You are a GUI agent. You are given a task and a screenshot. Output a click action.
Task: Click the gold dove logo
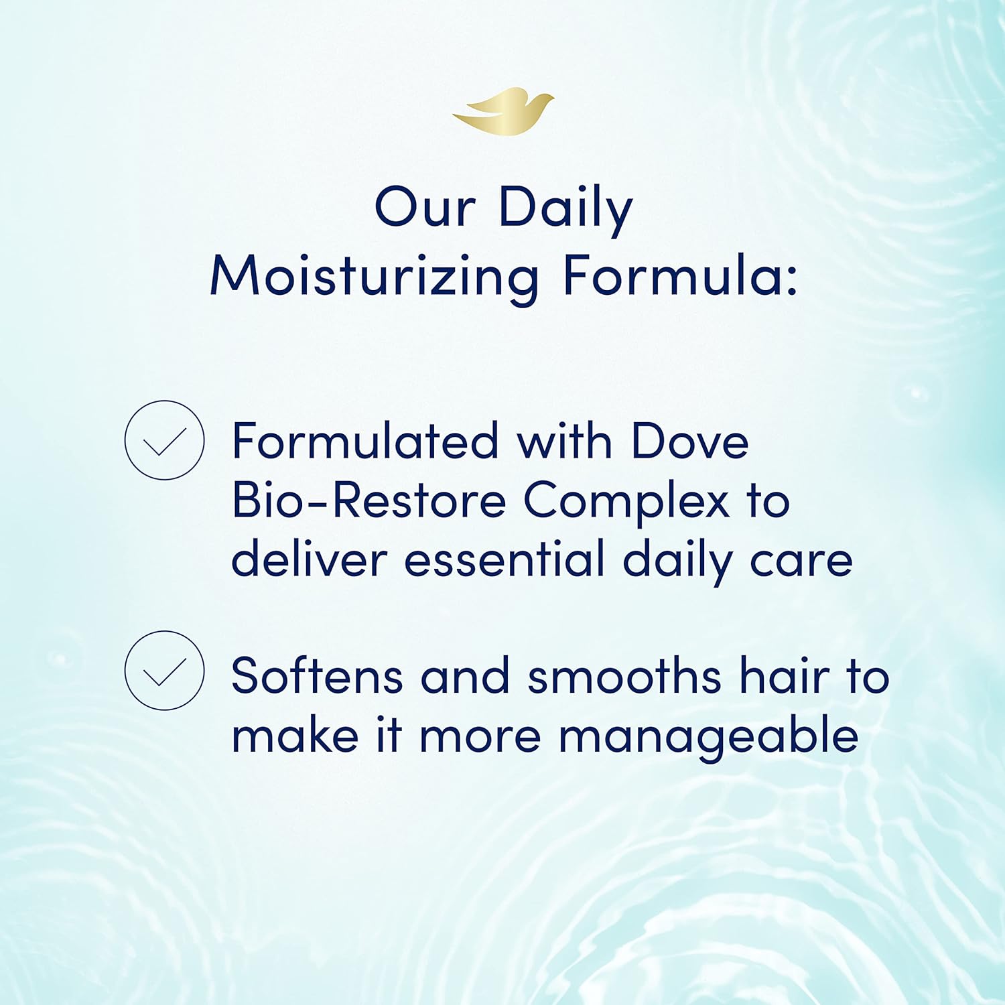point(504,112)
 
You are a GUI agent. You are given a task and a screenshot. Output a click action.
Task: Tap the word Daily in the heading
point(565,208)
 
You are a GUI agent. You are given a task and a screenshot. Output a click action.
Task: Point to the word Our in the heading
point(425,208)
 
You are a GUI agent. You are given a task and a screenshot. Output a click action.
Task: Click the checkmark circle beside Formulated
point(164,440)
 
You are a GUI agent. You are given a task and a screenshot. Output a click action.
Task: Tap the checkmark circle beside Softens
point(164,670)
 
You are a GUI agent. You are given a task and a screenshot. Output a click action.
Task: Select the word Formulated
point(365,442)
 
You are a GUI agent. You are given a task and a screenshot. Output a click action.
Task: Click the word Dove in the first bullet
point(689,442)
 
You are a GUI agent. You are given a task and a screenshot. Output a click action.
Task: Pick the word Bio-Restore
point(368,501)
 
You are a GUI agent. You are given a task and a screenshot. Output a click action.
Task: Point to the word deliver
point(309,559)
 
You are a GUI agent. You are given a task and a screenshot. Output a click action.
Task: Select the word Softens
point(316,676)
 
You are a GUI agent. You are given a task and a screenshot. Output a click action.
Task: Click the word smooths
point(624,676)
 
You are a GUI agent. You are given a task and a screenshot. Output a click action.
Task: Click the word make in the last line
point(295,736)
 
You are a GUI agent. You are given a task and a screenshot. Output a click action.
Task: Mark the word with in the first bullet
point(564,442)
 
